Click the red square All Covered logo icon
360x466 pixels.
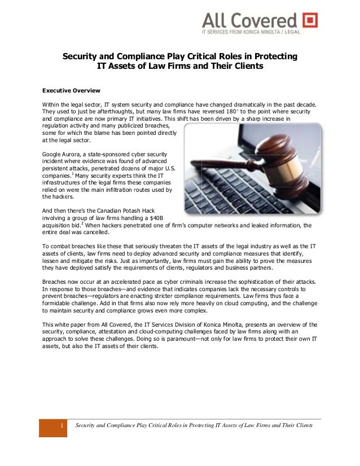coord(310,20)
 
